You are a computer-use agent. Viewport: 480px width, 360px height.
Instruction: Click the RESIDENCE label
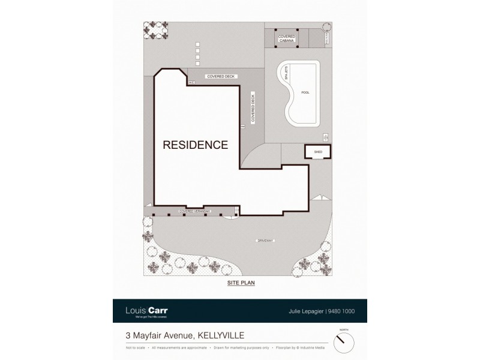[196, 145]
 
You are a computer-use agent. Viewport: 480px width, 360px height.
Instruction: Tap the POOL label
[305, 92]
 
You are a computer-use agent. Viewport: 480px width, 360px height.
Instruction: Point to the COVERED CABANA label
[286, 38]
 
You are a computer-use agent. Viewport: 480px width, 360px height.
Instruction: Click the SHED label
[318, 152]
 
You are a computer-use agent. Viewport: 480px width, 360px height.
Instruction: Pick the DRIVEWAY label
[265, 241]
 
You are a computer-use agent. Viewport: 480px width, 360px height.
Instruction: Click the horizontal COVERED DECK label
[221, 77]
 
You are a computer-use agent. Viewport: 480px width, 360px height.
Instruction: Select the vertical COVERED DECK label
[253, 108]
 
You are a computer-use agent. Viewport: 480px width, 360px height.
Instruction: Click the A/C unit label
[192, 82]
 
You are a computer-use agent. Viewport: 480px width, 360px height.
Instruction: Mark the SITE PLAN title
[241, 283]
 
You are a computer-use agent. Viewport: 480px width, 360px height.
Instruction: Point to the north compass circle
[343, 343]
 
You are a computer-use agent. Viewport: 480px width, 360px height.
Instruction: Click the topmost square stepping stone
[197, 44]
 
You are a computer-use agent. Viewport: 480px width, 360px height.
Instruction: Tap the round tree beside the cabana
[326, 27]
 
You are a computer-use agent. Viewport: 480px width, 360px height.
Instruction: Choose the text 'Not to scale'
[135, 347]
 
